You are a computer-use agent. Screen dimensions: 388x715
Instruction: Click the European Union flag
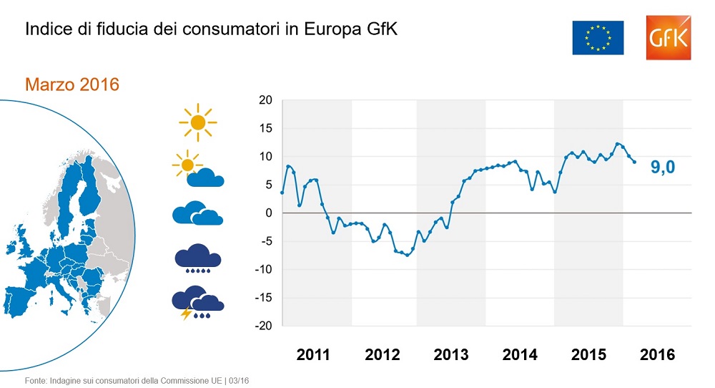point(598,37)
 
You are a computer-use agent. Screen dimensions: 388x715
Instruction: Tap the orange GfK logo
point(667,37)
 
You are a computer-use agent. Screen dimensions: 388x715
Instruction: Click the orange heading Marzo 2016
point(72,84)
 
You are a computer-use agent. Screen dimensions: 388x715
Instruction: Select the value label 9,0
point(663,168)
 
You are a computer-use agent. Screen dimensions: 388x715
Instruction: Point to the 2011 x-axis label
point(313,354)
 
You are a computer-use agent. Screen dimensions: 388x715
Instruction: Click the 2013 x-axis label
point(451,354)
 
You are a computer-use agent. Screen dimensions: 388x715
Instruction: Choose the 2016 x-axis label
point(657,354)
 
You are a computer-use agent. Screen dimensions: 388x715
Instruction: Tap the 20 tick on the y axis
point(266,100)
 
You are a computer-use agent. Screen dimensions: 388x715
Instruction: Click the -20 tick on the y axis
point(264,326)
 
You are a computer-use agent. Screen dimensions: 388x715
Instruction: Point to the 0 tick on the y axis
point(269,213)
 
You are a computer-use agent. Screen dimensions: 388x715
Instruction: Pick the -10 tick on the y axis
point(264,270)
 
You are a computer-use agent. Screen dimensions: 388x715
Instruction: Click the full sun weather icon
point(198,122)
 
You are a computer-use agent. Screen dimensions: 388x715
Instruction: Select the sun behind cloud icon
point(198,170)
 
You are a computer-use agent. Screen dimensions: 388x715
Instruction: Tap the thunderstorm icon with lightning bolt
point(197,303)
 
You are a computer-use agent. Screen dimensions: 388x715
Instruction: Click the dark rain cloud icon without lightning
point(198,259)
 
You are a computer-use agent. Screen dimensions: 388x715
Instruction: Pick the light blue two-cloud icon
point(198,213)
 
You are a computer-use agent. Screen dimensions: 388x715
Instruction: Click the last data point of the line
point(634,163)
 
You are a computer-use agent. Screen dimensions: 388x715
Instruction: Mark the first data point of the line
point(282,193)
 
